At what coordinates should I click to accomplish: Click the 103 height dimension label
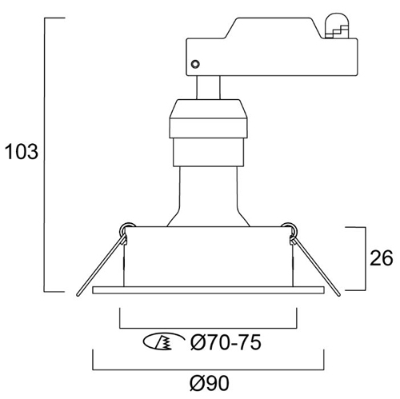[22, 152]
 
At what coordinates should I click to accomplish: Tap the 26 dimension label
[382, 257]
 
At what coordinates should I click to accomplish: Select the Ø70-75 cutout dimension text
[226, 342]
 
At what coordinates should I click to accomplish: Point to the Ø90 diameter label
[210, 383]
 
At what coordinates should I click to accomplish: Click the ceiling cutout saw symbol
[163, 341]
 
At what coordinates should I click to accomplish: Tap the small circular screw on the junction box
[195, 64]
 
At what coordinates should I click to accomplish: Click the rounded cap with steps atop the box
[337, 26]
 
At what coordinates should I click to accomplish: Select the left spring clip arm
[101, 265]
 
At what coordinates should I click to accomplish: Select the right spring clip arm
[316, 266]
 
